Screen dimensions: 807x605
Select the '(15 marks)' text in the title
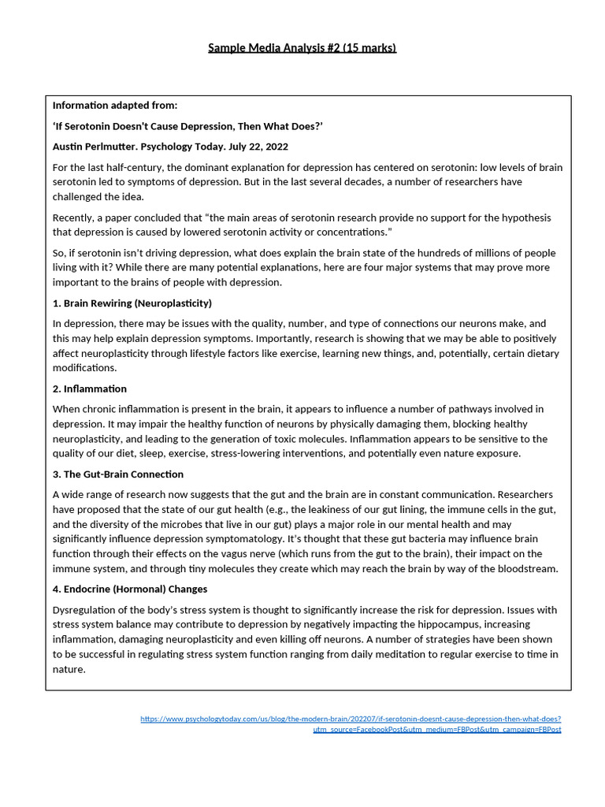click(369, 48)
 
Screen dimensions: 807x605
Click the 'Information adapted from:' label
click(114, 106)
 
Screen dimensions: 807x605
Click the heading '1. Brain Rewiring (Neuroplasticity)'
click(132, 303)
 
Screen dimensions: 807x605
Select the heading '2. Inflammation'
click(89, 389)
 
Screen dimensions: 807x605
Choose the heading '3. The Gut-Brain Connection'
click(117, 474)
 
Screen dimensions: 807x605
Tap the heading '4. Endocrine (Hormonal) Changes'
click(129, 589)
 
